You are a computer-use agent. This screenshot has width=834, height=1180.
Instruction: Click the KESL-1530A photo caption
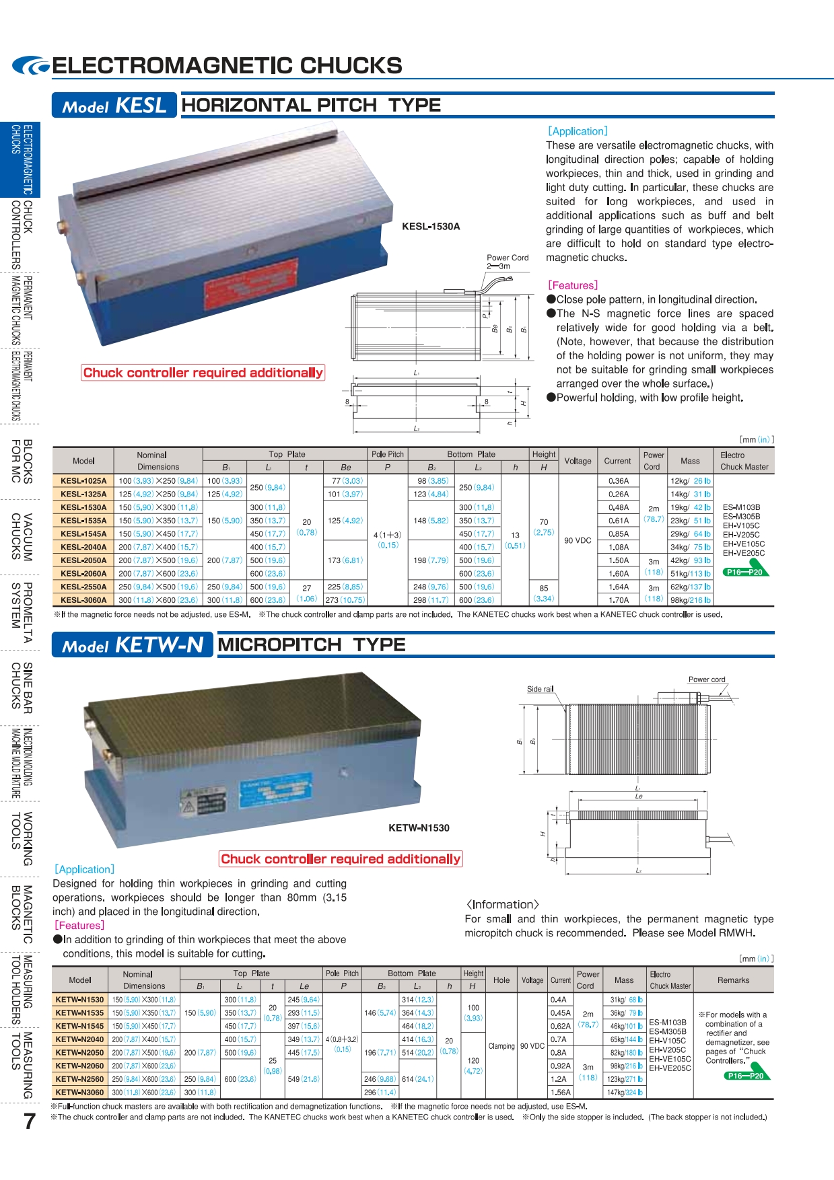(x=431, y=227)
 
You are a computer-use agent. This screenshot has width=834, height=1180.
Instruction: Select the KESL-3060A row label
(x=83, y=600)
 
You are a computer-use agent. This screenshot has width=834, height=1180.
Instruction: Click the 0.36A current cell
(x=619, y=481)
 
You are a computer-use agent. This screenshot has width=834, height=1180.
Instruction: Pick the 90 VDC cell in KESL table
(x=578, y=540)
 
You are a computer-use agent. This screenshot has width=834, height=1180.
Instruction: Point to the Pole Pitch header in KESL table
(x=388, y=455)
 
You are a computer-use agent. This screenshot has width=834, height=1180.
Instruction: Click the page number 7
(x=29, y=1121)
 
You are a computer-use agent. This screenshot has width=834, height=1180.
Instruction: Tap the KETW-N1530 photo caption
(x=419, y=828)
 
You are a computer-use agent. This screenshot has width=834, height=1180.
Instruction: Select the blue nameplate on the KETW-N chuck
(x=276, y=791)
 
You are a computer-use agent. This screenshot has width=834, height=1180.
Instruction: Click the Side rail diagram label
(x=540, y=689)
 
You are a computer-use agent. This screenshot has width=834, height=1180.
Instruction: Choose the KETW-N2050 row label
(x=80, y=1053)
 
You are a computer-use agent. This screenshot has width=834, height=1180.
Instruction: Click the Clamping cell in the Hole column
(x=501, y=1046)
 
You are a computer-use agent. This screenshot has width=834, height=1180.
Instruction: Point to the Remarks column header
(x=733, y=980)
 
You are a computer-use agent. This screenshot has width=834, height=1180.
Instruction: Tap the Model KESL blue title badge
(x=114, y=106)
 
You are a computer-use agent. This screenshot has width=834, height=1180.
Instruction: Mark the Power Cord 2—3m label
(x=508, y=262)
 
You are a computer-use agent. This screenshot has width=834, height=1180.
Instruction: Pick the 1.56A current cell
(x=560, y=1093)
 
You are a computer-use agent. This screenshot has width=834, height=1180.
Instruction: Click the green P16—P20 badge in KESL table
(x=746, y=572)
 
